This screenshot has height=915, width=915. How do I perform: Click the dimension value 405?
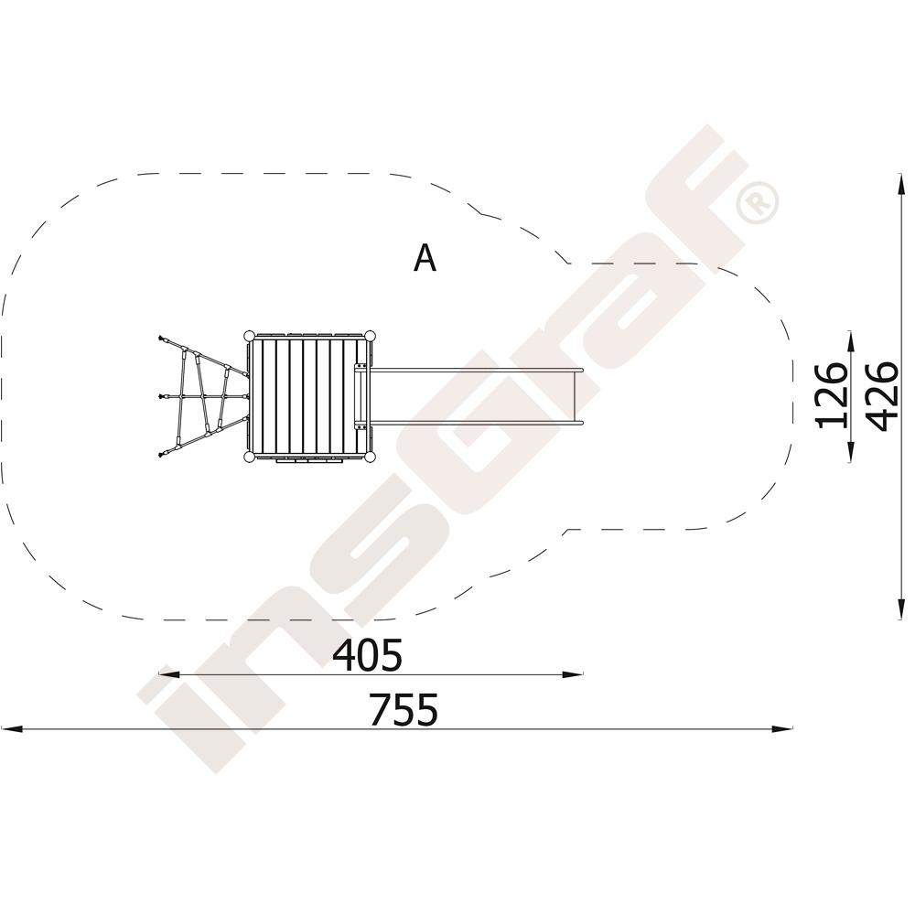(x=367, y=655)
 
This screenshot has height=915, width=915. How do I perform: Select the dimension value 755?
(x=404, y=710)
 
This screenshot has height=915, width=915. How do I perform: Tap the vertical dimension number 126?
(x=832, y=395)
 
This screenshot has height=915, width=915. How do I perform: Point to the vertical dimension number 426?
(x=881, y=396)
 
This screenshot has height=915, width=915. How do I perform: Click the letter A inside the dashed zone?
(x=425, y=258)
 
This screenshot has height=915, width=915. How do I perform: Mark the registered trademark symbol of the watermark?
(x=757, y=202)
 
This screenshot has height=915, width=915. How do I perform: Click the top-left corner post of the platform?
(x=249, y=336)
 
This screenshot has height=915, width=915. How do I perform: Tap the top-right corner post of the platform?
(x=370, y=336)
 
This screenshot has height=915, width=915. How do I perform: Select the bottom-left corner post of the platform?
(x=249, y=457)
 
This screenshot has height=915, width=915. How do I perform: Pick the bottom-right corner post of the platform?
(x=370, y=457)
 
